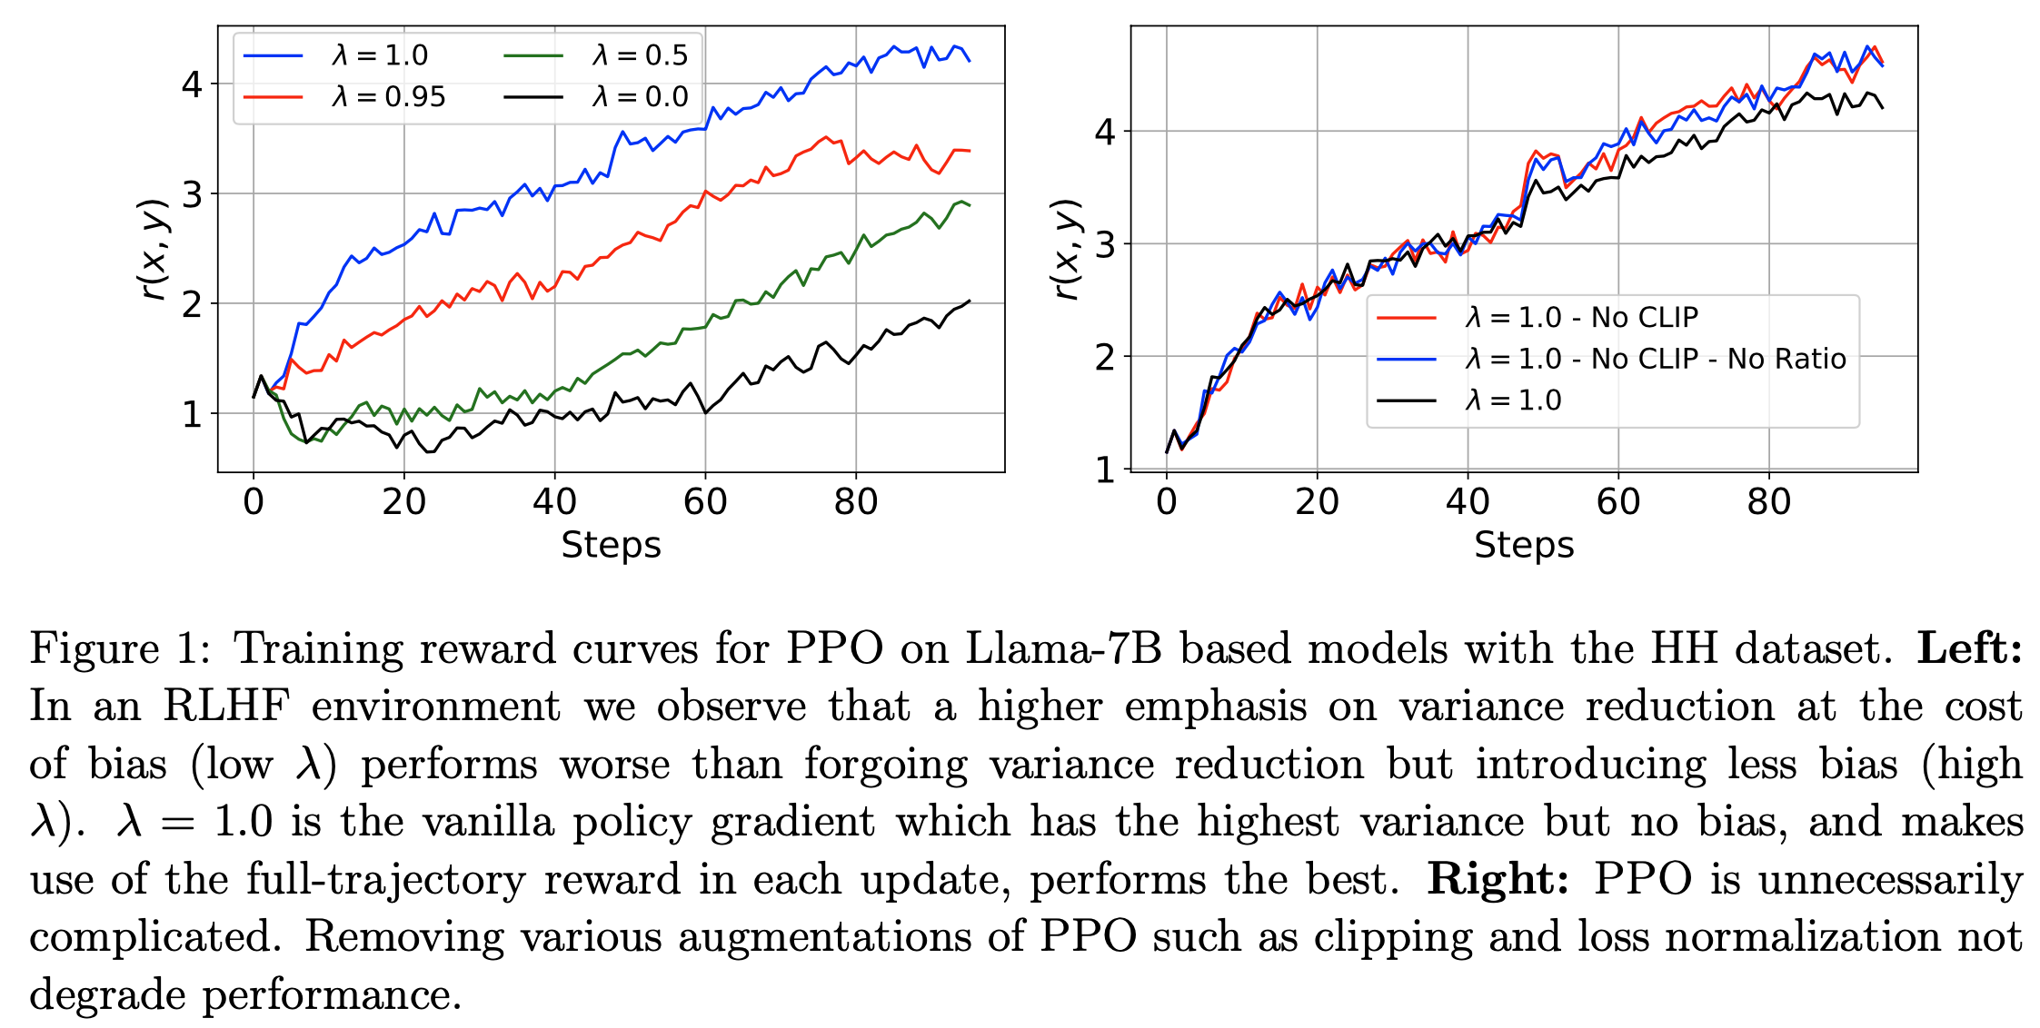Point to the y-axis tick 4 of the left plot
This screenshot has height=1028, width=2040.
point(192,84)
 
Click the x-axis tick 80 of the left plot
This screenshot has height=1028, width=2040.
point(855,501)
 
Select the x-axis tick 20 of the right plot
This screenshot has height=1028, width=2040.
point(1317,501)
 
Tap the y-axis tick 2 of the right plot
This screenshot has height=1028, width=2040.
point(1105,358)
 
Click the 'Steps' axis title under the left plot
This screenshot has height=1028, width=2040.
point(611,545)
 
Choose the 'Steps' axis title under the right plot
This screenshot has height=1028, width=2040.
point(1524,545)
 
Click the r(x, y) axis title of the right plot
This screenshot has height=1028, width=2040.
point(1067,249)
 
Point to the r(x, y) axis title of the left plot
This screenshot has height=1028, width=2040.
point(154,249)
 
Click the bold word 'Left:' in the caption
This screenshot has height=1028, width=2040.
point(1969,648)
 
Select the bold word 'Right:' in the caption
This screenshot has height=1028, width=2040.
point(1498,879)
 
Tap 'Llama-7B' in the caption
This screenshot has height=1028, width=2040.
point(1063,648)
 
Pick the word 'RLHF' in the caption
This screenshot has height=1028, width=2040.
point(226,707)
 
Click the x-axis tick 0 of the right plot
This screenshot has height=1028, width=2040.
point(1166,501)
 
